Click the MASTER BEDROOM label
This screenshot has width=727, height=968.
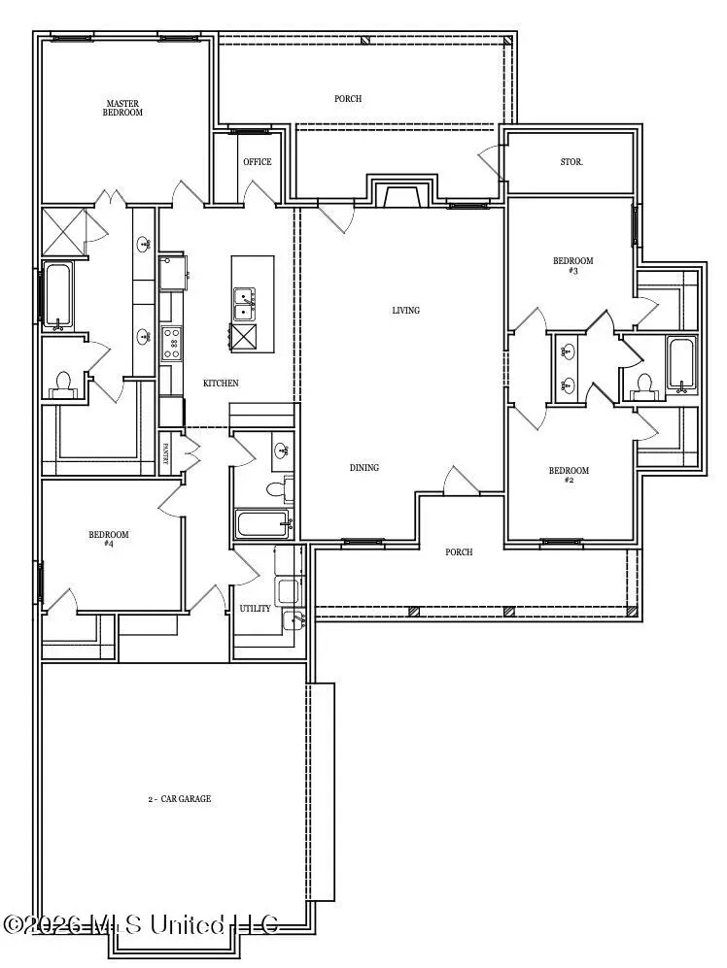pyautogui.click(x=123, y=107)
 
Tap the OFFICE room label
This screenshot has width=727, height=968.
pyautogui.click(x=257, y=162)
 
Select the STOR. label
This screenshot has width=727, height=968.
pyautogui.click(x=571, y=162)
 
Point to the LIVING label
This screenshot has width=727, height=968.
pyautogui.click(x=405, y=311)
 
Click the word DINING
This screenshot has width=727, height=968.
pyautogui.click(x=364, y=468)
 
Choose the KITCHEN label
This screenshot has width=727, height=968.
pyautogui.click(x=221, y=384)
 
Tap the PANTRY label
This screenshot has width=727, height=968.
pyautogui.click(x=165, y=455)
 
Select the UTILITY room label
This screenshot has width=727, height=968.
pyautogui.click(x=255, y=609)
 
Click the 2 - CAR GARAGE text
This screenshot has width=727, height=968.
pyautogui.click(x=180, y=799)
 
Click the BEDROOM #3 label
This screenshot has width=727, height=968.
pyautogui.click(x=572, y=265)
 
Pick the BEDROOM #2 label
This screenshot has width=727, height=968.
pyautogui.click(x=569, y=476)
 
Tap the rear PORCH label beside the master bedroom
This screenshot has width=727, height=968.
pyautogui.click(x=348, y=99)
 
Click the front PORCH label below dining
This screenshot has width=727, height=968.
pyautogui.click(x=459, y=552)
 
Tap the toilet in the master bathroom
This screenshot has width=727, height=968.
pyautogui.click(x=64, y=384)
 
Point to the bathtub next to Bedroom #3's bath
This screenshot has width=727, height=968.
pyautogui.click(x=679, y=366)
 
